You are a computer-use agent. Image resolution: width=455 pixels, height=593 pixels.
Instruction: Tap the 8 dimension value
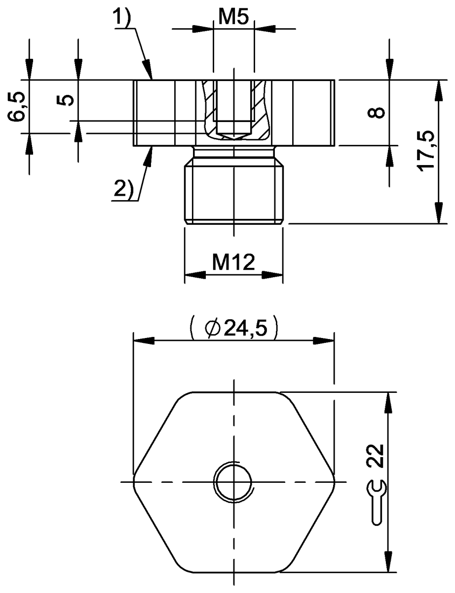378,113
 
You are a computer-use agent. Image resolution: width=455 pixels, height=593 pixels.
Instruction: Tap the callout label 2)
123,189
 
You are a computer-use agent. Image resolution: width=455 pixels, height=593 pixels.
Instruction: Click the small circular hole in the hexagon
233,481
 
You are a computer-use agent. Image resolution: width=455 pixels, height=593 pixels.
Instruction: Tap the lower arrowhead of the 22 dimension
389,563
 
